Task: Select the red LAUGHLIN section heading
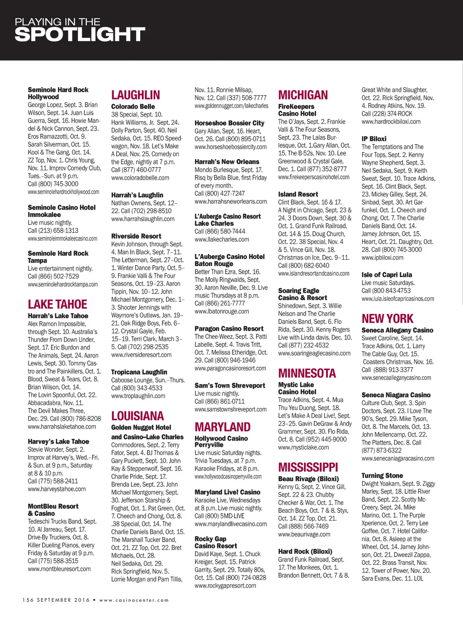[x=136, y=95]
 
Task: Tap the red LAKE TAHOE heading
[x=57, y=304]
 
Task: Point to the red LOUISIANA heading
[x=137, y=416]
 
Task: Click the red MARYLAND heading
[x=222, y=427]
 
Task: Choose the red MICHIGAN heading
[x=303, y=95]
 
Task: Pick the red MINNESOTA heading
[x=307, y=373]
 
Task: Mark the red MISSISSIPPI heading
[x=308, y=467]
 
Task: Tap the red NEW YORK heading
[x=387, y=319]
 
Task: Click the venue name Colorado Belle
[x=133, y=107]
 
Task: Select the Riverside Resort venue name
[x=136, y=236]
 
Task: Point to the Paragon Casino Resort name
[x=229, y=328]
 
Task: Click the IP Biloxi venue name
[x=374, y=139]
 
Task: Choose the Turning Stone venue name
[x=382, y=475]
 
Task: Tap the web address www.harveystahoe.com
[x=57, y=489]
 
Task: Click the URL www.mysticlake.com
[x=303, y=447]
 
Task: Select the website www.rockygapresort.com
[x=225, y=586]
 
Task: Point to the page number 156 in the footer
[x=28, y=600]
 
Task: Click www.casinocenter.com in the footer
[x=134, y=600]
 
